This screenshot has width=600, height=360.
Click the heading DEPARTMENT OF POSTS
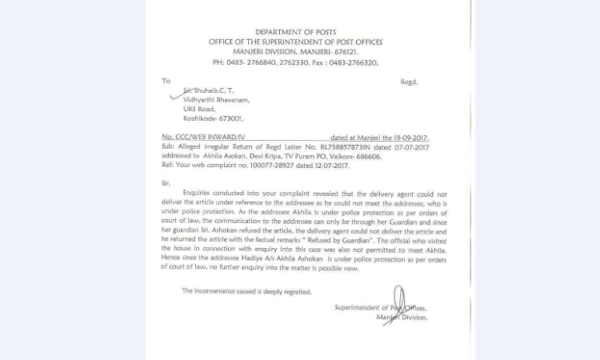click(x=295, y=32)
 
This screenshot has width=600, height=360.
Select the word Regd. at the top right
click(x=408, y=82)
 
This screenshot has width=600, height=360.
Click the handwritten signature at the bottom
click(x=396, y=304)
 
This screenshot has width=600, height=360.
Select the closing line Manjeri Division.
click(x=402, y=318)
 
